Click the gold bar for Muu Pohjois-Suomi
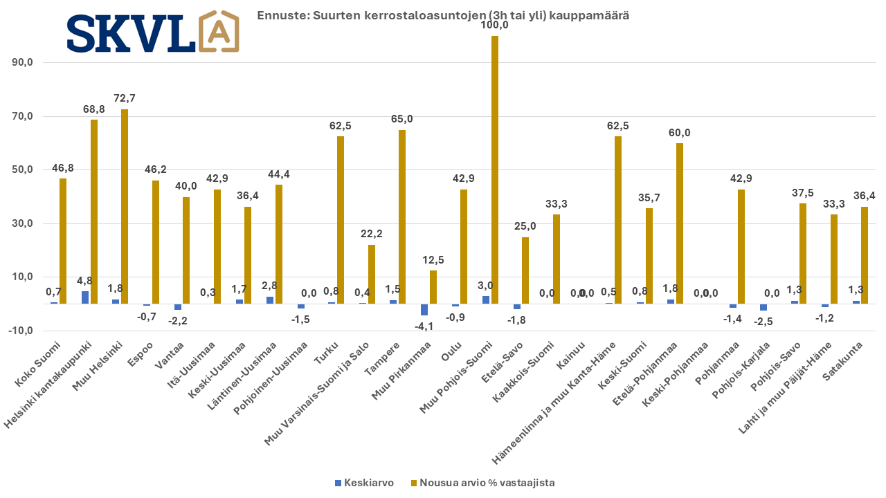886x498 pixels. click(x=495, y=169)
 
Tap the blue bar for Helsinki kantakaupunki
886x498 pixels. click(x=85, y=297)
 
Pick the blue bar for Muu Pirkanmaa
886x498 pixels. click(x=424, y=309)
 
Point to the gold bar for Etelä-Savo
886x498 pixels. click(x=525, y=270)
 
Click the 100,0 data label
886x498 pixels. click(x=495, y=25)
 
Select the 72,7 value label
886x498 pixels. click(x=125, y=98)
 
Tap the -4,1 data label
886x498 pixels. click(x=423, y=326)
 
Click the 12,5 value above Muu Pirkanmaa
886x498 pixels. click(x=433, y=259)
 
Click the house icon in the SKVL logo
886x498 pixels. click(x=218, y=30)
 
